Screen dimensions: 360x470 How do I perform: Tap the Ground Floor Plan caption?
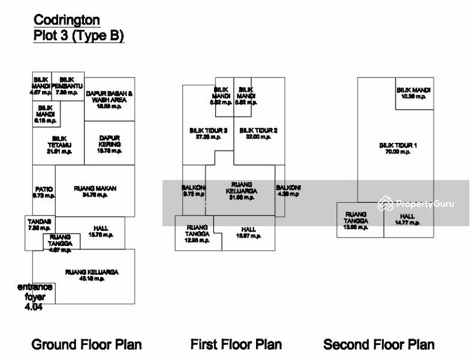(86, 344)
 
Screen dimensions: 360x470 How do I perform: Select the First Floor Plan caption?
(236, 344)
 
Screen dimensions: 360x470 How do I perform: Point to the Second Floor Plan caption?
(379, 344)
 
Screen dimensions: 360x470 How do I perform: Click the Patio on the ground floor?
(44, 192)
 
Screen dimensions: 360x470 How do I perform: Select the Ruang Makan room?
(95, 192)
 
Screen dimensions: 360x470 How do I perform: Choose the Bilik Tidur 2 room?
(258, 134)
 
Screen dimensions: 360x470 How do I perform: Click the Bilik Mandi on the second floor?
(414, 93)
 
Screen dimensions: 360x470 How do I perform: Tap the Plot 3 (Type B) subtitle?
(78, 36)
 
